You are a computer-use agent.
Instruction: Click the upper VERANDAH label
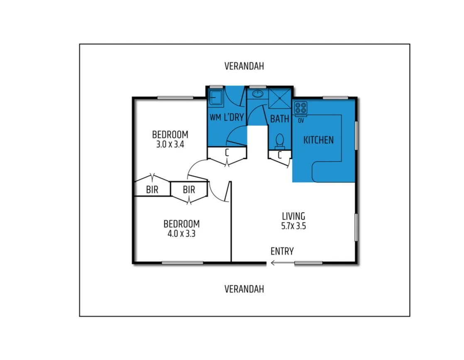click(x=244, y=66)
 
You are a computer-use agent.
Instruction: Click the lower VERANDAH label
click(x=244, y=289)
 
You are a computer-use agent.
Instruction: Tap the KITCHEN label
click(x=318, y=140)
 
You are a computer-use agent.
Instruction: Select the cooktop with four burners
click(x=300, y=108)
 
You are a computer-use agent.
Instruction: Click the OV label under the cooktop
click(x=300, y=121)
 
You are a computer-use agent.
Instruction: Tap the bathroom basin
click(x=258, y=93)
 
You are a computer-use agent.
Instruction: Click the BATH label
click(x=280, y=119)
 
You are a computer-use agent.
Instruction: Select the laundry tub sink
click(x=215, y=98)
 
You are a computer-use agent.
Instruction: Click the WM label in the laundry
click(x=215, y=118)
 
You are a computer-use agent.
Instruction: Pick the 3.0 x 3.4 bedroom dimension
click(x=170, y=145)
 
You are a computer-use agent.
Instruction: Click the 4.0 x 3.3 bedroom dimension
click(x=181, y=233)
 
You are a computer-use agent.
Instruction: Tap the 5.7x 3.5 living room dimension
click(x=293, y=226)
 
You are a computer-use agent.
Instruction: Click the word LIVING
click(x=293, y=216)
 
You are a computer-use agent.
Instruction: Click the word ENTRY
click(x=282, y=251)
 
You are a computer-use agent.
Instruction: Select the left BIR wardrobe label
click(x=152, y=190)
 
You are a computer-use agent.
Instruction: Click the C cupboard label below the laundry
click(x=227, y=152)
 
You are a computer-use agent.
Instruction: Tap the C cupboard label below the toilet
click(x=280, y=155)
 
